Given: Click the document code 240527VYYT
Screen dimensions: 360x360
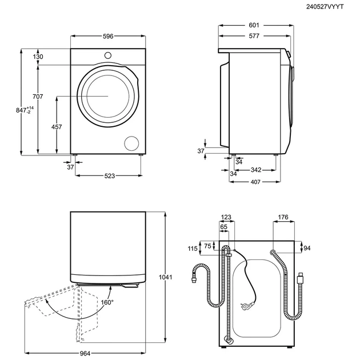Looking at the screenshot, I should (x=334, y=6).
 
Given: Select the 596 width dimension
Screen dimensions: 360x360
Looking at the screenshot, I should (x=108, y=37).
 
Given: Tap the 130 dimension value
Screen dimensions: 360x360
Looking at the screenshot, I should (x=38, y=57).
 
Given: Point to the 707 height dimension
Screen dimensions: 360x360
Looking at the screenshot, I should (x=38, y=97).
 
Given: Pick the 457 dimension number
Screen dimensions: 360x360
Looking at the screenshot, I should (x=57, y=127).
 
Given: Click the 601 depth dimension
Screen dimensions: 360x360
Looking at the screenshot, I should (x=254, y=26).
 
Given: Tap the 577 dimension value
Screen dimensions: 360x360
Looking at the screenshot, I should (x=254, y=36).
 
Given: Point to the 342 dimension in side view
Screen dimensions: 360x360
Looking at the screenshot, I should (x=256, y=170).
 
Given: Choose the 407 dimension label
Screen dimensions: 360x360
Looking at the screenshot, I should (x=255, y=182).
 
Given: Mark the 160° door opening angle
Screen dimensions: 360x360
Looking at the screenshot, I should (x=107, y=302).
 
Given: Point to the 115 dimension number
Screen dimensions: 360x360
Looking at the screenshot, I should (x=192, y=249).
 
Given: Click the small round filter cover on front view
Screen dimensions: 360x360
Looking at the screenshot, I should (x=132, y=143).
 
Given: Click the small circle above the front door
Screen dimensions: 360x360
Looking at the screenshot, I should (x=107, y=55).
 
